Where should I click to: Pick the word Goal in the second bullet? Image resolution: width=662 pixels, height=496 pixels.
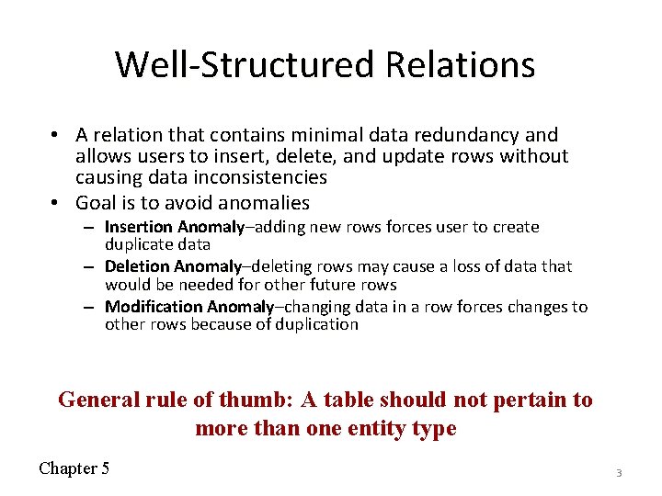[x=95, y=202]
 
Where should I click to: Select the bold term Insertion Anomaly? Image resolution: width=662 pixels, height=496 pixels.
[x=174, y=227]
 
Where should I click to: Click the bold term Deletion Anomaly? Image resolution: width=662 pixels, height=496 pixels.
[x=173, y=266]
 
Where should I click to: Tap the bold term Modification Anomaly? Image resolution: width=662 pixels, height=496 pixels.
[x=188, y=307]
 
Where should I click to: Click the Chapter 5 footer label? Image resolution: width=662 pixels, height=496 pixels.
[x=74, y=468]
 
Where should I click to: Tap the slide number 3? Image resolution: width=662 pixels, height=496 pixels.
[x=619, y=472]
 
